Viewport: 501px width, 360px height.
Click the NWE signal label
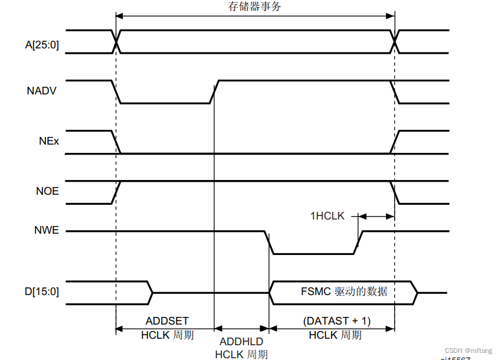click(x=47, y=230)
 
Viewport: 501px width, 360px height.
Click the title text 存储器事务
click(x=255, y=6)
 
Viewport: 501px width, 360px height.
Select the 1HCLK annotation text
click(x=328, y=216)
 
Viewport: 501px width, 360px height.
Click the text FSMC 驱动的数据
click(x=344, y=292)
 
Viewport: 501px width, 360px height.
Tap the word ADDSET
click(x=167, y=321)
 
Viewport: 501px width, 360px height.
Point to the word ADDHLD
click(x=241, y=342)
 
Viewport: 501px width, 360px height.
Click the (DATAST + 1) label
click(x=336, y=321)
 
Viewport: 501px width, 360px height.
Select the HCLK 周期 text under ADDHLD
click(x=241, y=354)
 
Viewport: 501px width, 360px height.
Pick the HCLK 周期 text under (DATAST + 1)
click(x=335, y=335)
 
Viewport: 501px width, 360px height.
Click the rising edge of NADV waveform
click(x=215, y=91)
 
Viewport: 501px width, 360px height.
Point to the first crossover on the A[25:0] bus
click(x=116, y=41)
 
